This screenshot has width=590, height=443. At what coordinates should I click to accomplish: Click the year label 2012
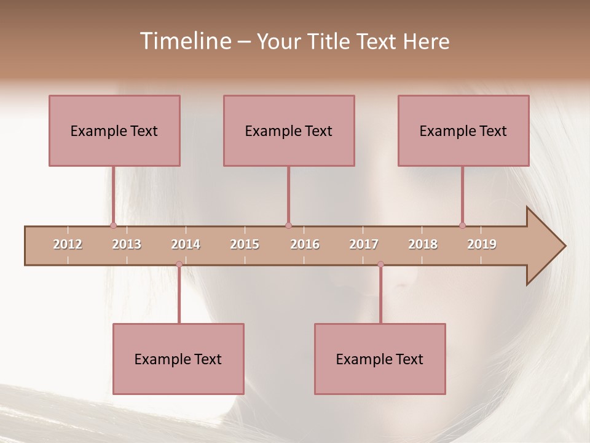click(x=68, y=244)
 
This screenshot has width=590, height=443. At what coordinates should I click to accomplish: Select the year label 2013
click(x=127, y=244)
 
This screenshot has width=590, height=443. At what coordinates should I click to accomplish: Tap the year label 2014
click(x=186, y=244)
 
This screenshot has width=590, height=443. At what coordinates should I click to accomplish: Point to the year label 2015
click(x=245, y=244)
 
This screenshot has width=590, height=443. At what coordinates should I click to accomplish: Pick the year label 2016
click(x=305, y=244)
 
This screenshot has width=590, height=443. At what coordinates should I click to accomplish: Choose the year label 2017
click(x=364, y=244)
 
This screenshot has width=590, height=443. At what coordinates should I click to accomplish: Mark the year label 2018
click(x=423, y=244)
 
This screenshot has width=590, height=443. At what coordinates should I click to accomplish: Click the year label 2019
click(x=482, y=244)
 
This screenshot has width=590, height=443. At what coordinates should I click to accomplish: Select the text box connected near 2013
click(x=114, y=130)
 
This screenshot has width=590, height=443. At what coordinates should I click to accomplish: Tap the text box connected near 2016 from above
click(x=289, y=130)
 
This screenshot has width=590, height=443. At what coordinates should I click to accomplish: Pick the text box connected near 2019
click(x=463, y=130)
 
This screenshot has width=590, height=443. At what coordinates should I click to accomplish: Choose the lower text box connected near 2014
click(x=178, y=359)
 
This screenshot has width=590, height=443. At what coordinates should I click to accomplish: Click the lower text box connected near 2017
click(x=380, y=359)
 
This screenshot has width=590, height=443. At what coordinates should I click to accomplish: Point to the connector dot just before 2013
click(x=113, y=226)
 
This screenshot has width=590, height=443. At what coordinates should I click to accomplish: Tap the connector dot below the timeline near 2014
click(x=179, y=265)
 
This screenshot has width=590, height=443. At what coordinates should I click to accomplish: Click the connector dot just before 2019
click(x=462, y=226)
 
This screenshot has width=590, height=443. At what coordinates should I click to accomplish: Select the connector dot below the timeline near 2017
click(x=380, y=265)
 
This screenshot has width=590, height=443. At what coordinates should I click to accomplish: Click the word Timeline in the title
click(x=184, y=41)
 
